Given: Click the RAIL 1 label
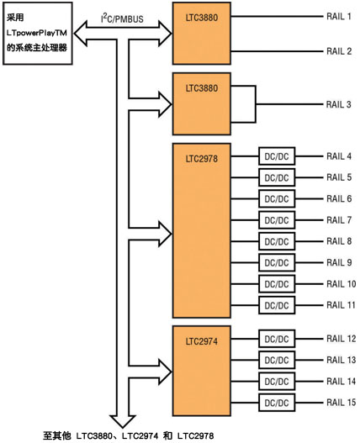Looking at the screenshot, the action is (x=339, y=16).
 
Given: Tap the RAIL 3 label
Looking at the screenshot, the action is (x=338, y=104).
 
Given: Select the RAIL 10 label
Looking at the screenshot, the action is (x=341, y=283).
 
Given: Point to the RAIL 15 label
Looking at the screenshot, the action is (x=341, y=403).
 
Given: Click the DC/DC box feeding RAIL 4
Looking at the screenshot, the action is (x=277, y=156).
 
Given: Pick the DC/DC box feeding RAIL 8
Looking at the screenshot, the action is (x=277, y=241).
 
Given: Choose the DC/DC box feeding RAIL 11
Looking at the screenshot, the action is (x=277, y=305).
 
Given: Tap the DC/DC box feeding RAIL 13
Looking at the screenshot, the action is (x=277, y=361).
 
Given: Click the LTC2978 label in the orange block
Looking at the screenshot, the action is (x=202, y=159).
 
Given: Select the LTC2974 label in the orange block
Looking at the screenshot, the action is (x=202, y=341).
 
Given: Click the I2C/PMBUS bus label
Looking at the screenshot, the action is (x=122, y=18).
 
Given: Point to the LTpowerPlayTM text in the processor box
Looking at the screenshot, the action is (x=37, y=33).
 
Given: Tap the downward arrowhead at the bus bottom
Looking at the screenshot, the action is (x=123, y=421).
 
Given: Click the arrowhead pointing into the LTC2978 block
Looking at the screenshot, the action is (x=165, y=234).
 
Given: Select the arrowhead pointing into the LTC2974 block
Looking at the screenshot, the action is (x=165, y=372).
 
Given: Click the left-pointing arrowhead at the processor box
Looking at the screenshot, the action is (x=80, y=34).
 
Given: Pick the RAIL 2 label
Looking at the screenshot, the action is (x=339, y=51).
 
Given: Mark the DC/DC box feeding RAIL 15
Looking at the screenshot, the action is (x=277, y=403).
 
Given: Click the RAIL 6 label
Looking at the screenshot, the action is (x=339, y=198).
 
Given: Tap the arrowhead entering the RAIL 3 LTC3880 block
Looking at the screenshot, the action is (x=165, y=104).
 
